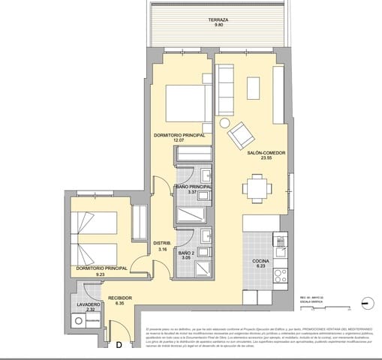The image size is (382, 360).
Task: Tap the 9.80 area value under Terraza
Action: click(219, 26)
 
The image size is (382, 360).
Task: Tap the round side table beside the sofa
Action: click(224, 123)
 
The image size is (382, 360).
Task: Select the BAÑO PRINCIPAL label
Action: click(193, 187)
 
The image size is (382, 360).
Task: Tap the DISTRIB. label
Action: click(162, 243)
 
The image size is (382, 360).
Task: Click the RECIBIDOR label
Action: click(119, 298)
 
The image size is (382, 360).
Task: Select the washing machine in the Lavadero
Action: click(80, 321)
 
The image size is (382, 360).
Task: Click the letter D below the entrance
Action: click(118, 346)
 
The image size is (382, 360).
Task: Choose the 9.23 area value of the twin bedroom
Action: click(100, 274)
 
